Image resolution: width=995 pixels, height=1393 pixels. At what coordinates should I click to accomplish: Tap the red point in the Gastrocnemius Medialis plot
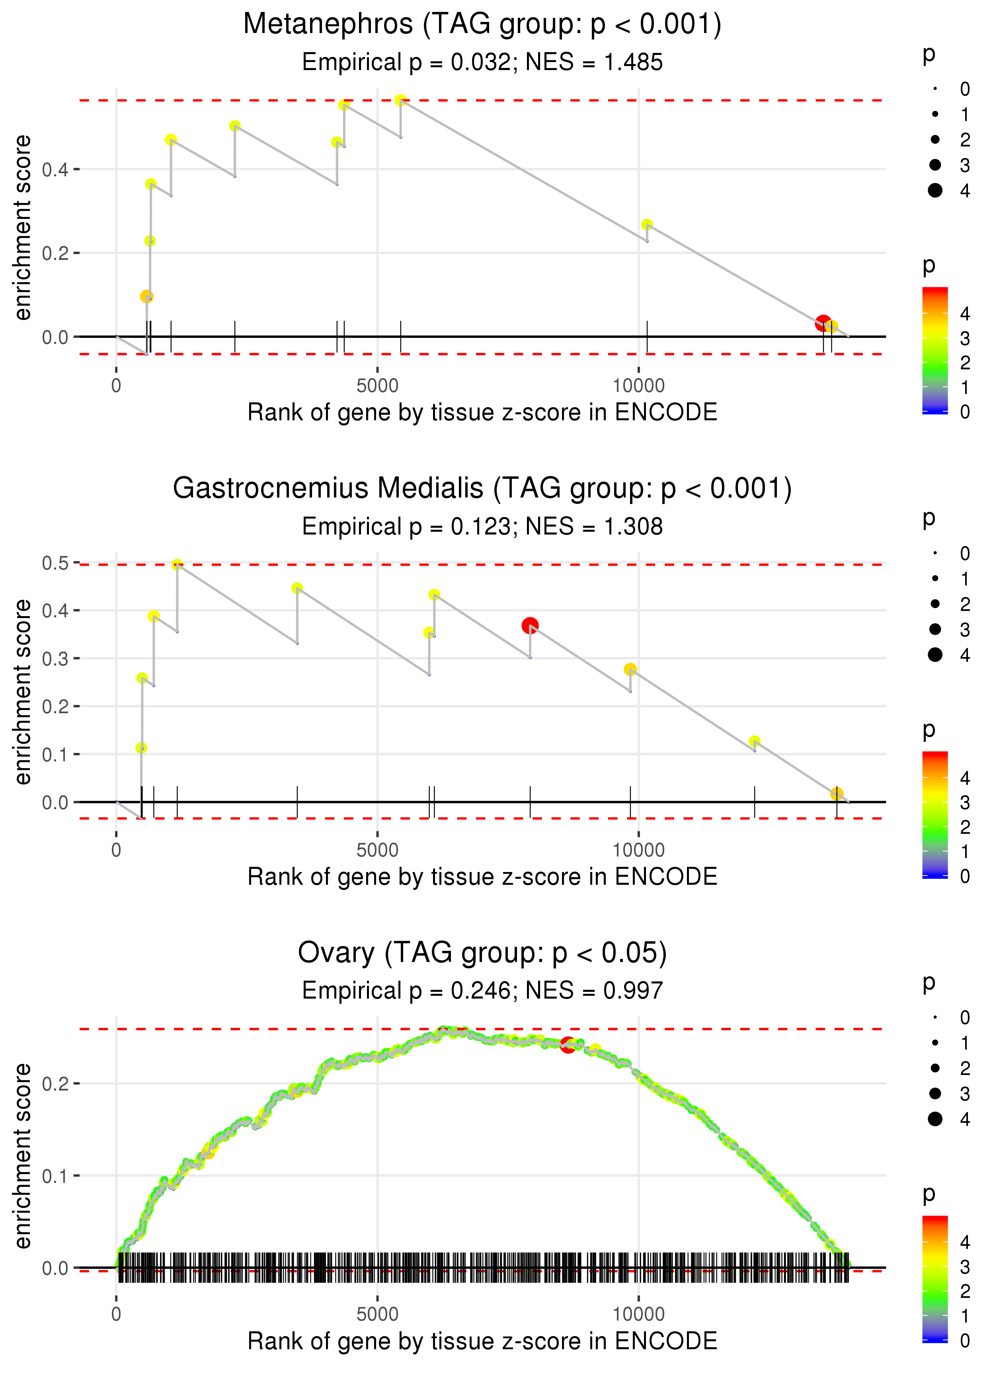(x=530, y=625)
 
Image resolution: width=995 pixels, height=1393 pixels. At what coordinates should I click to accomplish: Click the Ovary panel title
(x=482, y=953)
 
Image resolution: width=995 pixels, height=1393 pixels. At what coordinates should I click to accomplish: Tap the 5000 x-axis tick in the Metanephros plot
(x=377, y=386)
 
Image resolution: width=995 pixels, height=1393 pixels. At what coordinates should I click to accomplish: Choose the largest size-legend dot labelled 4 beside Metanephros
(x=935, y=191)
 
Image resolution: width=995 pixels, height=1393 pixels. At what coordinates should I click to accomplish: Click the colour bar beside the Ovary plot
(x=935, y=1277)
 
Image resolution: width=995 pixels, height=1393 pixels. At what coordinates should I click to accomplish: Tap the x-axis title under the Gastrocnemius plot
(x=482, y=877)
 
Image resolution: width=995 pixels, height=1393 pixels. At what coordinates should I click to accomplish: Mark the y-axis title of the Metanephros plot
(x=23, y=228)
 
